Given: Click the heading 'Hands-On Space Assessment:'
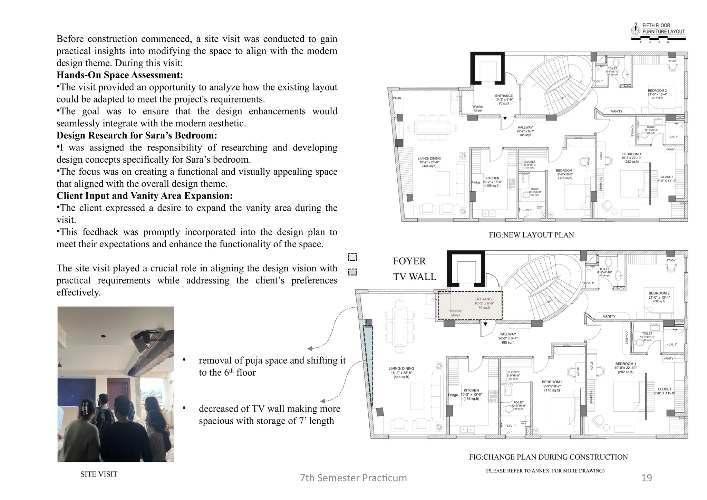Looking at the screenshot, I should click(119, 75).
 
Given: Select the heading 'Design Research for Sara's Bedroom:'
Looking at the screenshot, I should click(137, 135).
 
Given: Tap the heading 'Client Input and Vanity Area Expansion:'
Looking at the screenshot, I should click(144, 196).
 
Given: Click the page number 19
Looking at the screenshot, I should click(646, 478).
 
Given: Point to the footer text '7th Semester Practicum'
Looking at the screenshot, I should click(353, 478).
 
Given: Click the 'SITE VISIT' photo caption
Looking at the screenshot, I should click(99, 474).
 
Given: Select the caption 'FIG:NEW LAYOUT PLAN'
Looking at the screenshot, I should click(531, 235).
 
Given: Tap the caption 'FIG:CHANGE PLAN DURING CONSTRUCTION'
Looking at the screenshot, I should click(548, 457).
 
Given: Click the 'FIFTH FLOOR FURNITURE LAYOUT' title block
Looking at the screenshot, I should click(663, 29).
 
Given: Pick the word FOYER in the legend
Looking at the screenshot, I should click(409, 261).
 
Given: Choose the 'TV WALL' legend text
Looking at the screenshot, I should click(414, 277).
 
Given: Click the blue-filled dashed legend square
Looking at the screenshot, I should click(352, 272).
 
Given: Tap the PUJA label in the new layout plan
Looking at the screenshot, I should click(397, 98).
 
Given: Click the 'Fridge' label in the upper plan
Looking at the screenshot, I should click(476, 182).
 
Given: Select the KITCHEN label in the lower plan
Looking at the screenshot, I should click(471, 390).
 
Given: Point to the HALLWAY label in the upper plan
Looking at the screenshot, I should click(525, 127).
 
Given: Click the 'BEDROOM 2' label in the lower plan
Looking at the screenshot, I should click(659, 293).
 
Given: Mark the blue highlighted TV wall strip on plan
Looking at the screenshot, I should click(369, 366).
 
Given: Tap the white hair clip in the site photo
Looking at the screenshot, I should click(85, 406).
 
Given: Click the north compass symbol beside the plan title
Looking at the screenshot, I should click(635, 30).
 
